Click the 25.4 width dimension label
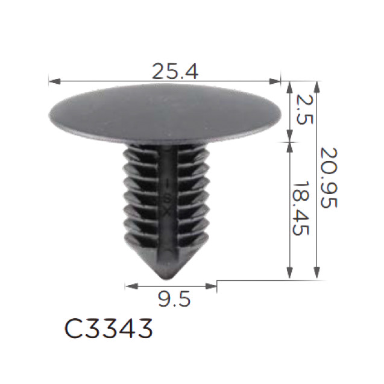click(x=175, y=71)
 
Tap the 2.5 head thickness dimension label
click(x=304, y=110)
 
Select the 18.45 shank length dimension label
click(x=301, y=208)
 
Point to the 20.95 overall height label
click(x=329, y=178)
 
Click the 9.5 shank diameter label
click(x=174, y=299)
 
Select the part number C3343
click(x=109, y=329)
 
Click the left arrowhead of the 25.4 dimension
click(x=54, y=81)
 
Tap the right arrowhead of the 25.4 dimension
click(x=275, y=81)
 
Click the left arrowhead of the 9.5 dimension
click(x=131, y=286)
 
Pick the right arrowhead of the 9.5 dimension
click(x=211, y=286)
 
